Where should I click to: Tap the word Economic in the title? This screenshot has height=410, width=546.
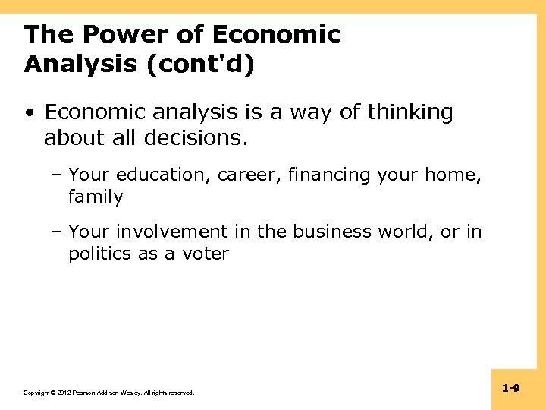[x=277, y=35]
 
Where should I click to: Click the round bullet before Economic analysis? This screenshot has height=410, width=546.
[x=28, y=114]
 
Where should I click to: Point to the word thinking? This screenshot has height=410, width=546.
[x=410, y=113]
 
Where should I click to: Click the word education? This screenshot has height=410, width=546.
[x=162, y=175]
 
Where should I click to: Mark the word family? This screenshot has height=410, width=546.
[x=96, y=197]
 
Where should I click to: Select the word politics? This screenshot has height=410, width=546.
[x=100, y=254]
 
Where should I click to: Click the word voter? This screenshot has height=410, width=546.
[x=206, y=254]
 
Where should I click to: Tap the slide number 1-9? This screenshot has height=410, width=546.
[x=510, y=389]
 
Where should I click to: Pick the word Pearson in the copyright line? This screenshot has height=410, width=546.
[x=84, y=393]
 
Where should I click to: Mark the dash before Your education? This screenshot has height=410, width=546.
[x=58, y=175]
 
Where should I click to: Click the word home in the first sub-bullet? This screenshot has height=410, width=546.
[x=457, y=175]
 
